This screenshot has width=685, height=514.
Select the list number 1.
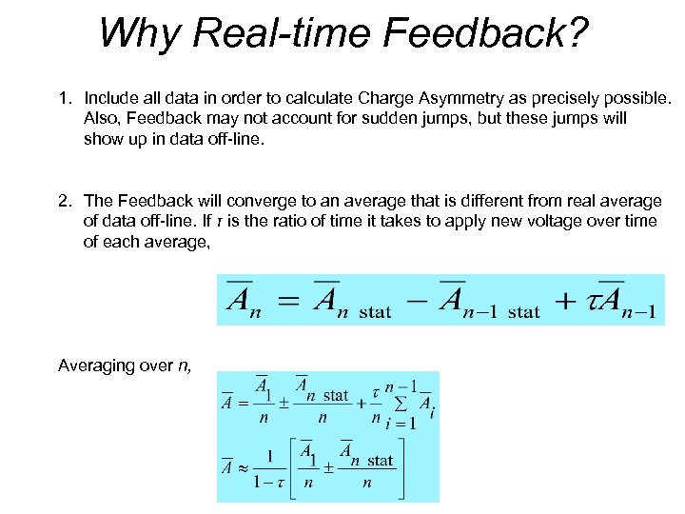point(65,97)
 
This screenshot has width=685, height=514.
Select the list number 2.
point(65,200)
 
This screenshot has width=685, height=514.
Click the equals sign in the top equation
point(286,302)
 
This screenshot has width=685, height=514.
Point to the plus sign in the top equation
point(565,302)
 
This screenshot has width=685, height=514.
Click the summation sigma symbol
point(404,406)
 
